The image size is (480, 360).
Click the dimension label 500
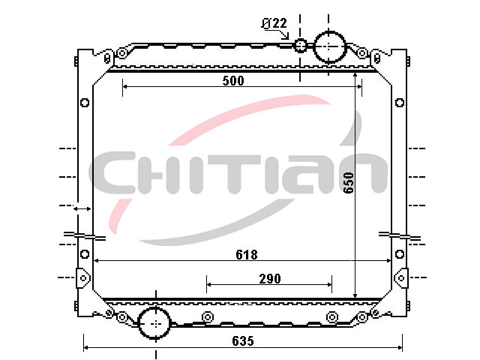[233, 81]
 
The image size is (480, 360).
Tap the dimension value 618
[247, 255]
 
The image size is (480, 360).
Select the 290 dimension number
[270, 279]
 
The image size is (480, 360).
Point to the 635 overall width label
[243, 341]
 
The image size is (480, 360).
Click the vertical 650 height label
[349, 183]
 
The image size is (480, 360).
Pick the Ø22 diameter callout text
[274, 23]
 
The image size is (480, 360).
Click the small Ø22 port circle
[300, 46]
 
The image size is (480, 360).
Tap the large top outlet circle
[329, 46]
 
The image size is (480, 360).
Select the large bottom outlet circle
[154, 323]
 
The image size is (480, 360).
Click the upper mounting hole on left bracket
[85, 103]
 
